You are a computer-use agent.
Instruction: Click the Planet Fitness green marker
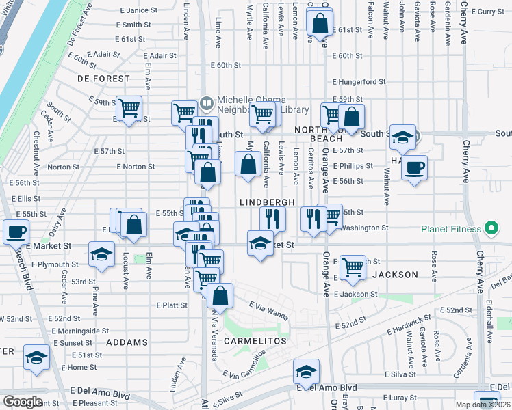490,228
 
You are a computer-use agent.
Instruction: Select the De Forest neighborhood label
103,79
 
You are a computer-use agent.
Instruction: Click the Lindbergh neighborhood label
267,202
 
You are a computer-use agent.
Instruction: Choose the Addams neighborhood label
127,342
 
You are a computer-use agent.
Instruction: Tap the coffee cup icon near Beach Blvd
15,232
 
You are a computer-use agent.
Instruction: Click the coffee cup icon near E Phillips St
415,167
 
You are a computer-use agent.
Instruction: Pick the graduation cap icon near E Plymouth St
101,256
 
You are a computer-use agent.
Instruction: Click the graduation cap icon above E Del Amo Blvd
305,372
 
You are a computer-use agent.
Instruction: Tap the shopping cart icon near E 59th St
129,108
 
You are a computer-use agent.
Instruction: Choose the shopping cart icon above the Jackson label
353,266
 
